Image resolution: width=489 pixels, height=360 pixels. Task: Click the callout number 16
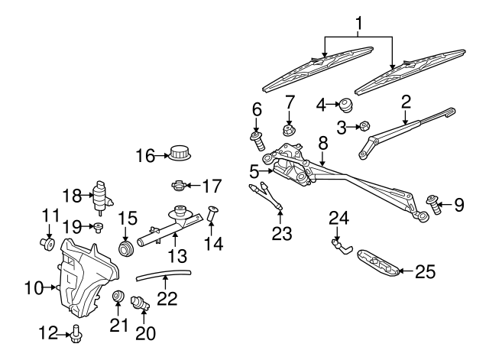(x=144, y=156)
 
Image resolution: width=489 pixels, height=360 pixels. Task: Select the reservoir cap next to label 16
(x=180, y=153)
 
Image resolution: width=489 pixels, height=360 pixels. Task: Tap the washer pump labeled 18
(x=100, y=196)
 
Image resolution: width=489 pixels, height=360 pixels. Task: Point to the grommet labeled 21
(x=118, y=297)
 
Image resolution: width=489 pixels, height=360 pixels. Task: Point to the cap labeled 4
(x=346, y=102)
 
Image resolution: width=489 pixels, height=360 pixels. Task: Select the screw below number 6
(x=257, y=141)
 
